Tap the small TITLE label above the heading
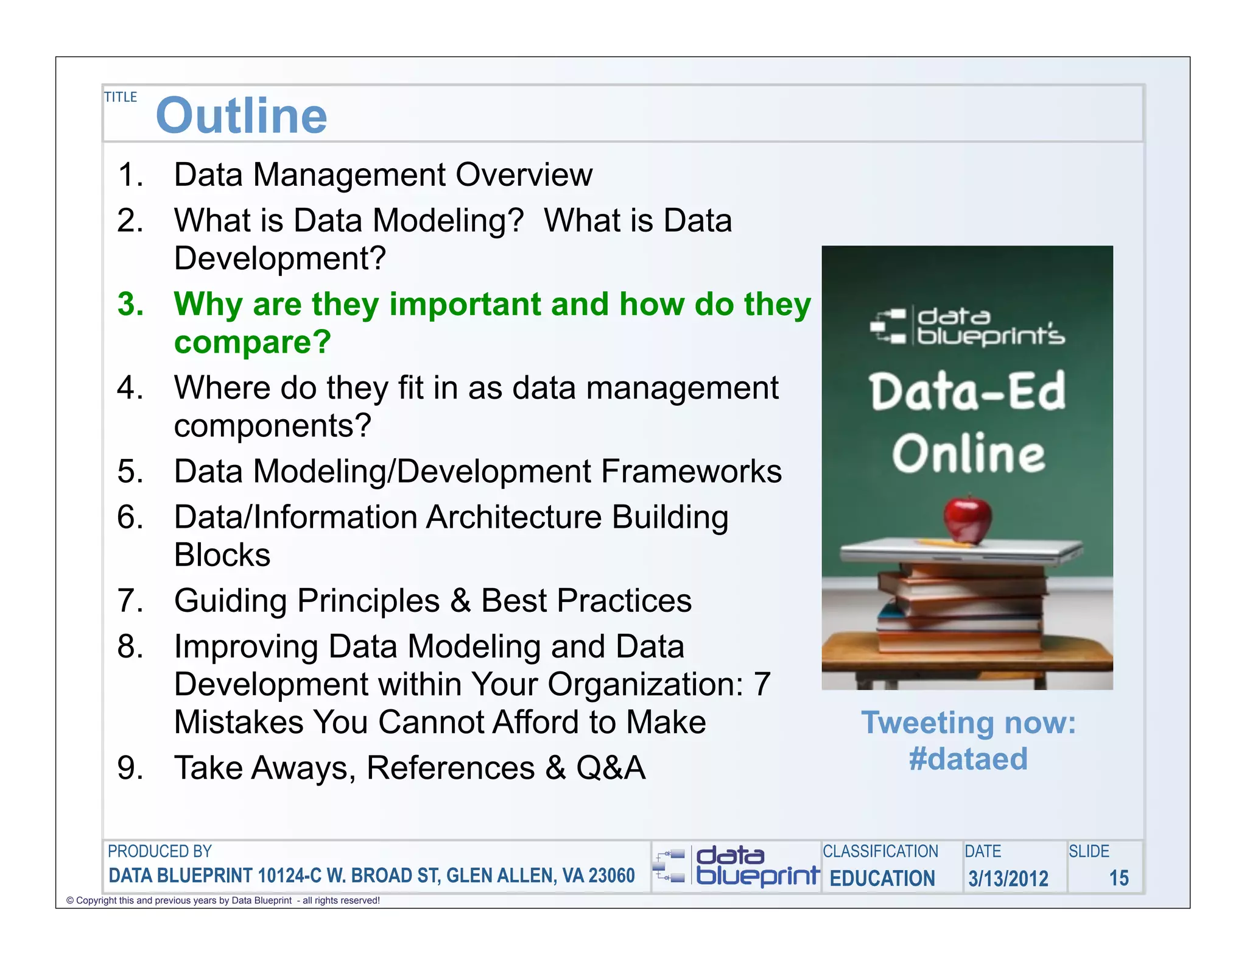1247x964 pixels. coord(121,97)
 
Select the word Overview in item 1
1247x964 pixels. coord(524,175)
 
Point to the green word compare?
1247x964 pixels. coord(253,342)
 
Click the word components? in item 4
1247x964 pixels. coord(272,425)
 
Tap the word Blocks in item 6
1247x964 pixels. coord(222,555)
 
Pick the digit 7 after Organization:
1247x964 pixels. coord(762,684)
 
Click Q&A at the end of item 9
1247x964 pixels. coord(611,768)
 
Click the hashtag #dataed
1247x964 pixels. coord(968,759)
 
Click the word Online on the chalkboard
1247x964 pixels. coord(968,454)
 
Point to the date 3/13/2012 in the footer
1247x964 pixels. coord(1008,879)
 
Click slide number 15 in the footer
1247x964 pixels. coord(1119,878)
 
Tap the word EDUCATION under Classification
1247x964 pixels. coord(882,879)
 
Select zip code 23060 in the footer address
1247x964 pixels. coord(612,876)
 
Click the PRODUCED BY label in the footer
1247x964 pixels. coord(160,851)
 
